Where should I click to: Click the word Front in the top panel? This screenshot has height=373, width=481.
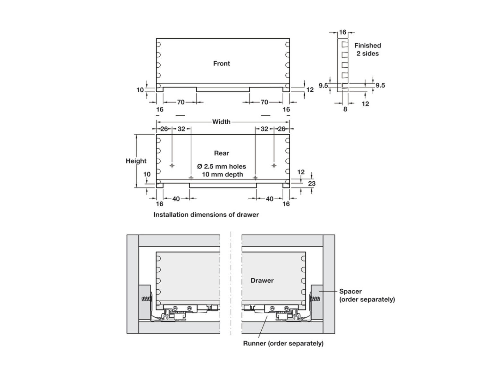pos(222,63)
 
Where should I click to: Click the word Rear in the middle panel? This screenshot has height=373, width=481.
pos(222,153)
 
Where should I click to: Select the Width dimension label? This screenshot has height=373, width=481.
pos(221,122)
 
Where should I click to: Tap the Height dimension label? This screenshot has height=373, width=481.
pos(136,161)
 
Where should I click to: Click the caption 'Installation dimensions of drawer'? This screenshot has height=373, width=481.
pos(206,215)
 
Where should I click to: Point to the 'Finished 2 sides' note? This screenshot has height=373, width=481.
pos(367,50)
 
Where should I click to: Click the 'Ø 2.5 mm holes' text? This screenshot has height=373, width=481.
pos(222,166)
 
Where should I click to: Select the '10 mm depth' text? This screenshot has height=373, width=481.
pos(222,174)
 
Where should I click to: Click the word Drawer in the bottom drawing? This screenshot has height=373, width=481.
pos(262,280)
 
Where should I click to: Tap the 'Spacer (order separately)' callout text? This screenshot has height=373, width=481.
pos(367,295)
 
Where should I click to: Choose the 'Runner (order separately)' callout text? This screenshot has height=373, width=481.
pos(283,343)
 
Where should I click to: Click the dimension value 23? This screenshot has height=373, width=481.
pos(312,183)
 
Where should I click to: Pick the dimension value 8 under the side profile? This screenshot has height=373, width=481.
pos(345,109)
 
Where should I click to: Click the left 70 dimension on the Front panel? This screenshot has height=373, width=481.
pos(181,102)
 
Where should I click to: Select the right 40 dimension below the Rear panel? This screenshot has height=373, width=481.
pos(270,199)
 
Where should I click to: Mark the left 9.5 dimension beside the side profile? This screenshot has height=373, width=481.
pos(323,85)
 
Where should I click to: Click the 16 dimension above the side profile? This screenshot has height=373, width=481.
pos(343,32)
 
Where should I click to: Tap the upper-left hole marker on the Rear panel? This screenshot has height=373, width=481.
pos(172,166)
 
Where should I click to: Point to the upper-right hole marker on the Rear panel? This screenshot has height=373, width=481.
pos(274,166)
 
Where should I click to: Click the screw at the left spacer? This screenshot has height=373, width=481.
pos(146,299)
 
